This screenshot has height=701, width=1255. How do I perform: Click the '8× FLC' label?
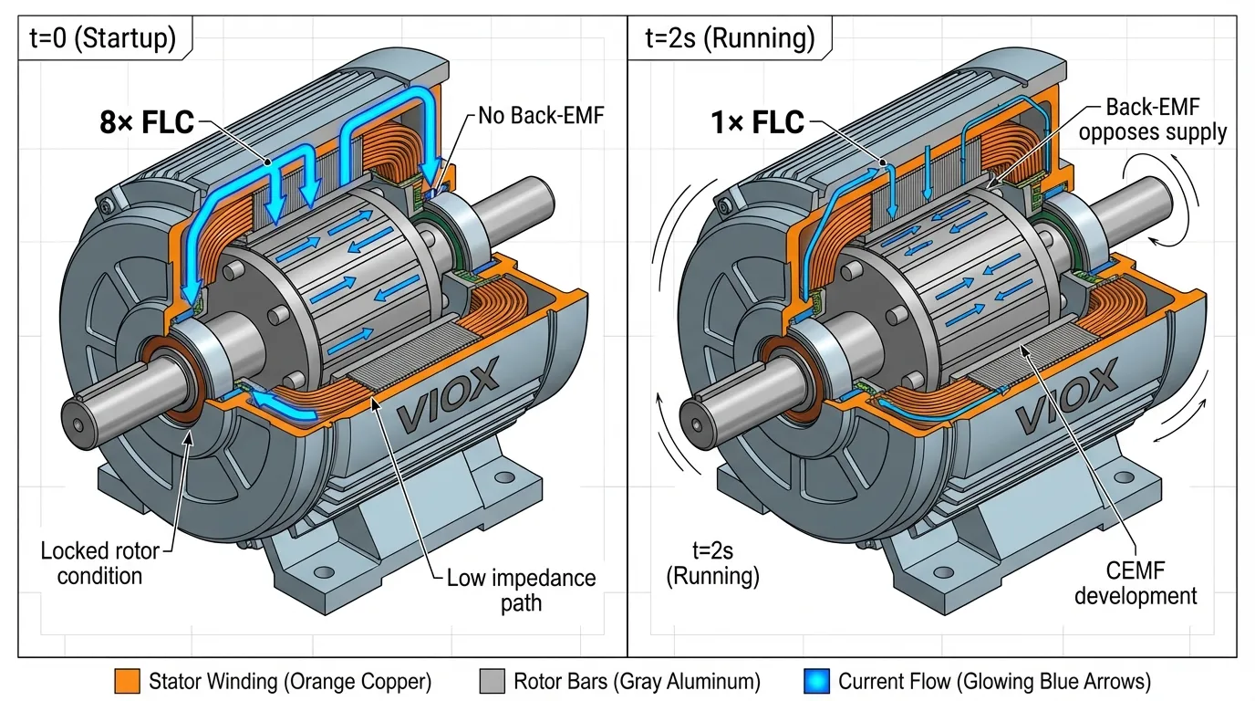click(146, 121)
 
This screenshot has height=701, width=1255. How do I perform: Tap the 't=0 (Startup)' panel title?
click(105, 38)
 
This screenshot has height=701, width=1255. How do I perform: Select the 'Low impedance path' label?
click(521, 590)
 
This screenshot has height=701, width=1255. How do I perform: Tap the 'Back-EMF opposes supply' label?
click(1165, 119)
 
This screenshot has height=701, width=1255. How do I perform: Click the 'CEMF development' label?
click(1136, 584)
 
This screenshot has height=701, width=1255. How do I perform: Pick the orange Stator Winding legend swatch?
click(127, 681)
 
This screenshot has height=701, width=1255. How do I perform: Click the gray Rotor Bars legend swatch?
click(492, 681)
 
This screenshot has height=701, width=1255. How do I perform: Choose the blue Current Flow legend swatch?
click(816, 681)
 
